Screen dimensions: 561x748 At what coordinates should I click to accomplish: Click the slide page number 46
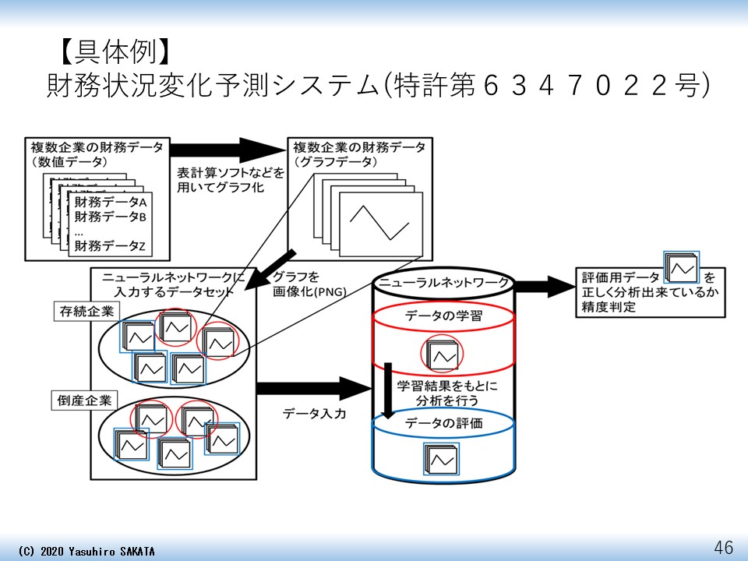[724, 547]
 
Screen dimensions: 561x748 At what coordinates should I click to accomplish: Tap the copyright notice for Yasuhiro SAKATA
[86, 551]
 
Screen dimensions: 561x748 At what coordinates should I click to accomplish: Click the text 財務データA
[111, 202]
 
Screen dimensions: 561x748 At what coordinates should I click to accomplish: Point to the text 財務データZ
[111, 246]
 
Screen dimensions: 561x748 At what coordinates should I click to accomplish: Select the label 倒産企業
[85, 401]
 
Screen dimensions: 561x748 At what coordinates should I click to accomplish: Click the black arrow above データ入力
[311, 386]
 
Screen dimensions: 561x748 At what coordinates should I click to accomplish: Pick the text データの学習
[444, 316]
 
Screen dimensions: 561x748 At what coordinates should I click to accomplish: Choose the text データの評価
[444, 423]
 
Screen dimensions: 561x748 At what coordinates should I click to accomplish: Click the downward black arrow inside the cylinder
[386, 390]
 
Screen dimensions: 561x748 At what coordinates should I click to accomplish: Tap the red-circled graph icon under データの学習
[442, 355]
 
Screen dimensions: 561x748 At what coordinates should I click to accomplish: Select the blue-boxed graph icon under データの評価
[441, 460]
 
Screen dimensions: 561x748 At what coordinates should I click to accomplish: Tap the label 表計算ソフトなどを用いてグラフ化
[231, 178]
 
